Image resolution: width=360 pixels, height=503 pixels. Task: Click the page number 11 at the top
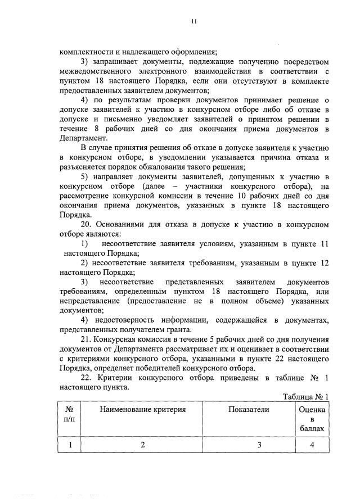(192, 22)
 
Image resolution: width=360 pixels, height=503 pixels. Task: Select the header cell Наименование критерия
(143, 410)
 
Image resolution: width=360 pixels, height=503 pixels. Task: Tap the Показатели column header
(249, 410)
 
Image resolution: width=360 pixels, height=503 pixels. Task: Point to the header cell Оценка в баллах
(312, 419)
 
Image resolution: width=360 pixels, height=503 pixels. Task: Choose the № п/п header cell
(71, 414)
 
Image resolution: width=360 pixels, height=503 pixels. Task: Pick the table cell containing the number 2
(143, 445)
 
